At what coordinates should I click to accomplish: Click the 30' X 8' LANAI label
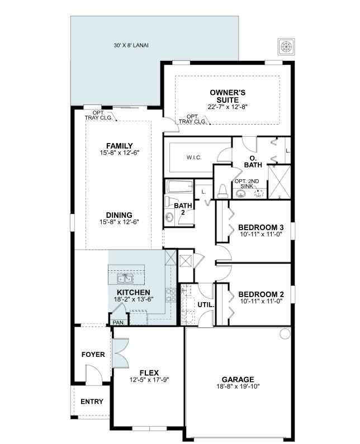[131, 45]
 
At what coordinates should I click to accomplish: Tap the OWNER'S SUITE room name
[228, 96]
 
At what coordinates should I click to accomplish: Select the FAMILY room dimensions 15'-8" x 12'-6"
[119, 153]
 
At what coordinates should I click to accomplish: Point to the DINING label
[119, 215]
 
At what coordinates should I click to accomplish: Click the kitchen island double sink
[125, 279]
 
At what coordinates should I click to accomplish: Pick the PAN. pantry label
[119, 322]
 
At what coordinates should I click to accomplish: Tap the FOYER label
[93, 355]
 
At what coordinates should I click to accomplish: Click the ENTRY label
[92, 402]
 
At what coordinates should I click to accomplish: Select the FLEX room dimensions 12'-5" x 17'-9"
[149, 380]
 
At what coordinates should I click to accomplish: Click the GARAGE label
[238, 379]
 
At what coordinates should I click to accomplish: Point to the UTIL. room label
[206, 305]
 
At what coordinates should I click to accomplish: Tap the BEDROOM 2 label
[261, 294]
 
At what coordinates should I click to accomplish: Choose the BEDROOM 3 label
[261, 227]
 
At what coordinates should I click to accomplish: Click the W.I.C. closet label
[194, 157]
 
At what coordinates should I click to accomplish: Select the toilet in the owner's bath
[222, 192]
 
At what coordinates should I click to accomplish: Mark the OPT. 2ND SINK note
[247, 184]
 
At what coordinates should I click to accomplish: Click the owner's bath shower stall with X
[280, 182]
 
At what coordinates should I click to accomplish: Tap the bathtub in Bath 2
[179, 187]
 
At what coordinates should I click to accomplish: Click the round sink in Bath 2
[169, 217]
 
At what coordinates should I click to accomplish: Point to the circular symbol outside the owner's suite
[286, 47]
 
